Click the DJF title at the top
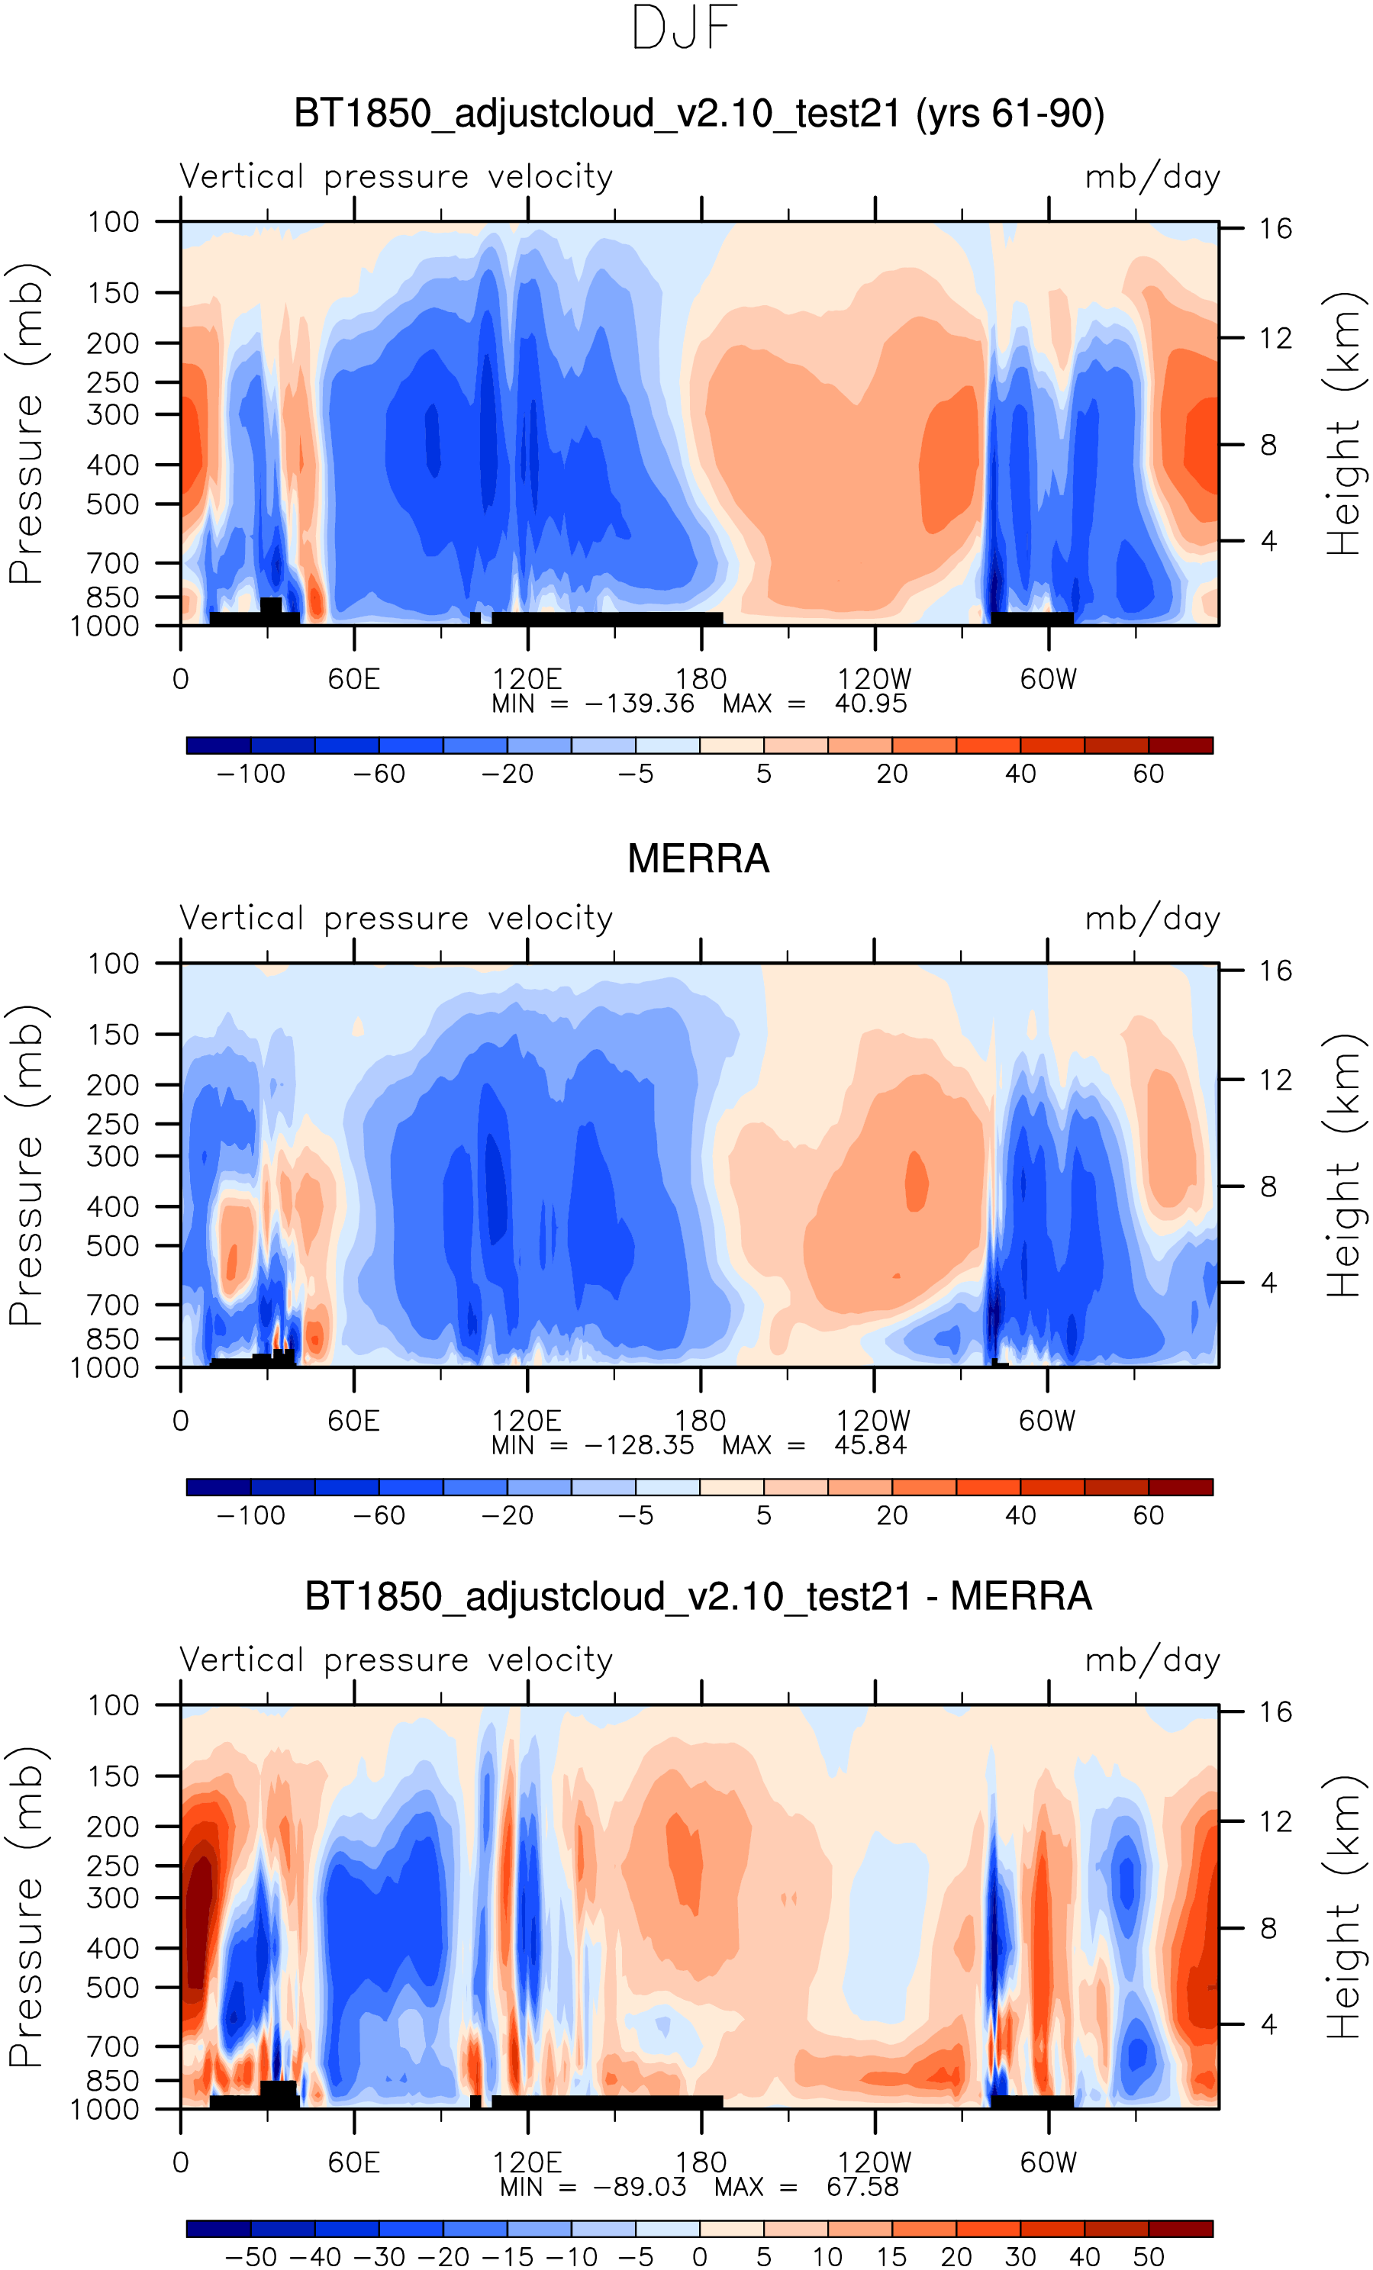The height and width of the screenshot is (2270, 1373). coord(685,28)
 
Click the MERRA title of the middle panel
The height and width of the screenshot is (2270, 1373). coord(698,858)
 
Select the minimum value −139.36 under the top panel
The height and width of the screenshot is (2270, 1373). coord(639,704)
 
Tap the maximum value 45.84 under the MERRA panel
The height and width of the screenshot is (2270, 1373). coord(870,1444)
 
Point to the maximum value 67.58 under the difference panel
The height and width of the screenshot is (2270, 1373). coord(862,2186)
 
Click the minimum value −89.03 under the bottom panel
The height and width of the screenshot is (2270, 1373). coord(639,2186)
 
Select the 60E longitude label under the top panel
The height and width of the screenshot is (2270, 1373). coord(354,679)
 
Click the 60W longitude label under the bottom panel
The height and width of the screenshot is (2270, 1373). coord(1048,2162)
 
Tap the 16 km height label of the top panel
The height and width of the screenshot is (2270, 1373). coord(1275,228)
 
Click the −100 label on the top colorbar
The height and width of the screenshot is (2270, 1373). coord(250,774)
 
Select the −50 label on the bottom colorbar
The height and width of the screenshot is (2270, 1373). coord(250,2256)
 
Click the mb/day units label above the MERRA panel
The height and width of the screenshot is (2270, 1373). coord(1152,919)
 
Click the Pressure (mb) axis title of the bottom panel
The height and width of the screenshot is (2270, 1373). coord(26,1907)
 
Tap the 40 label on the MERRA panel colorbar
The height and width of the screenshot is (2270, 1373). coord(1020,1515)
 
